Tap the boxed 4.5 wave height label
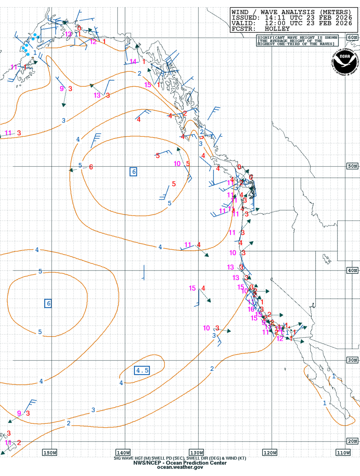coord(142,370)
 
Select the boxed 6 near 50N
coord(134,171)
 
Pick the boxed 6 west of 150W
coord(48,303)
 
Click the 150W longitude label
coord(50,453)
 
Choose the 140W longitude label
coord(123,453)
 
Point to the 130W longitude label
coord(196,453)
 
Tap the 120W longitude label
coord(270,453)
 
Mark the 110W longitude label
coord(343,453)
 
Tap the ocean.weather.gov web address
coord(180,468)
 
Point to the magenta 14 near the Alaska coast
coord(133,61)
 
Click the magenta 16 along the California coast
coord(251,309)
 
